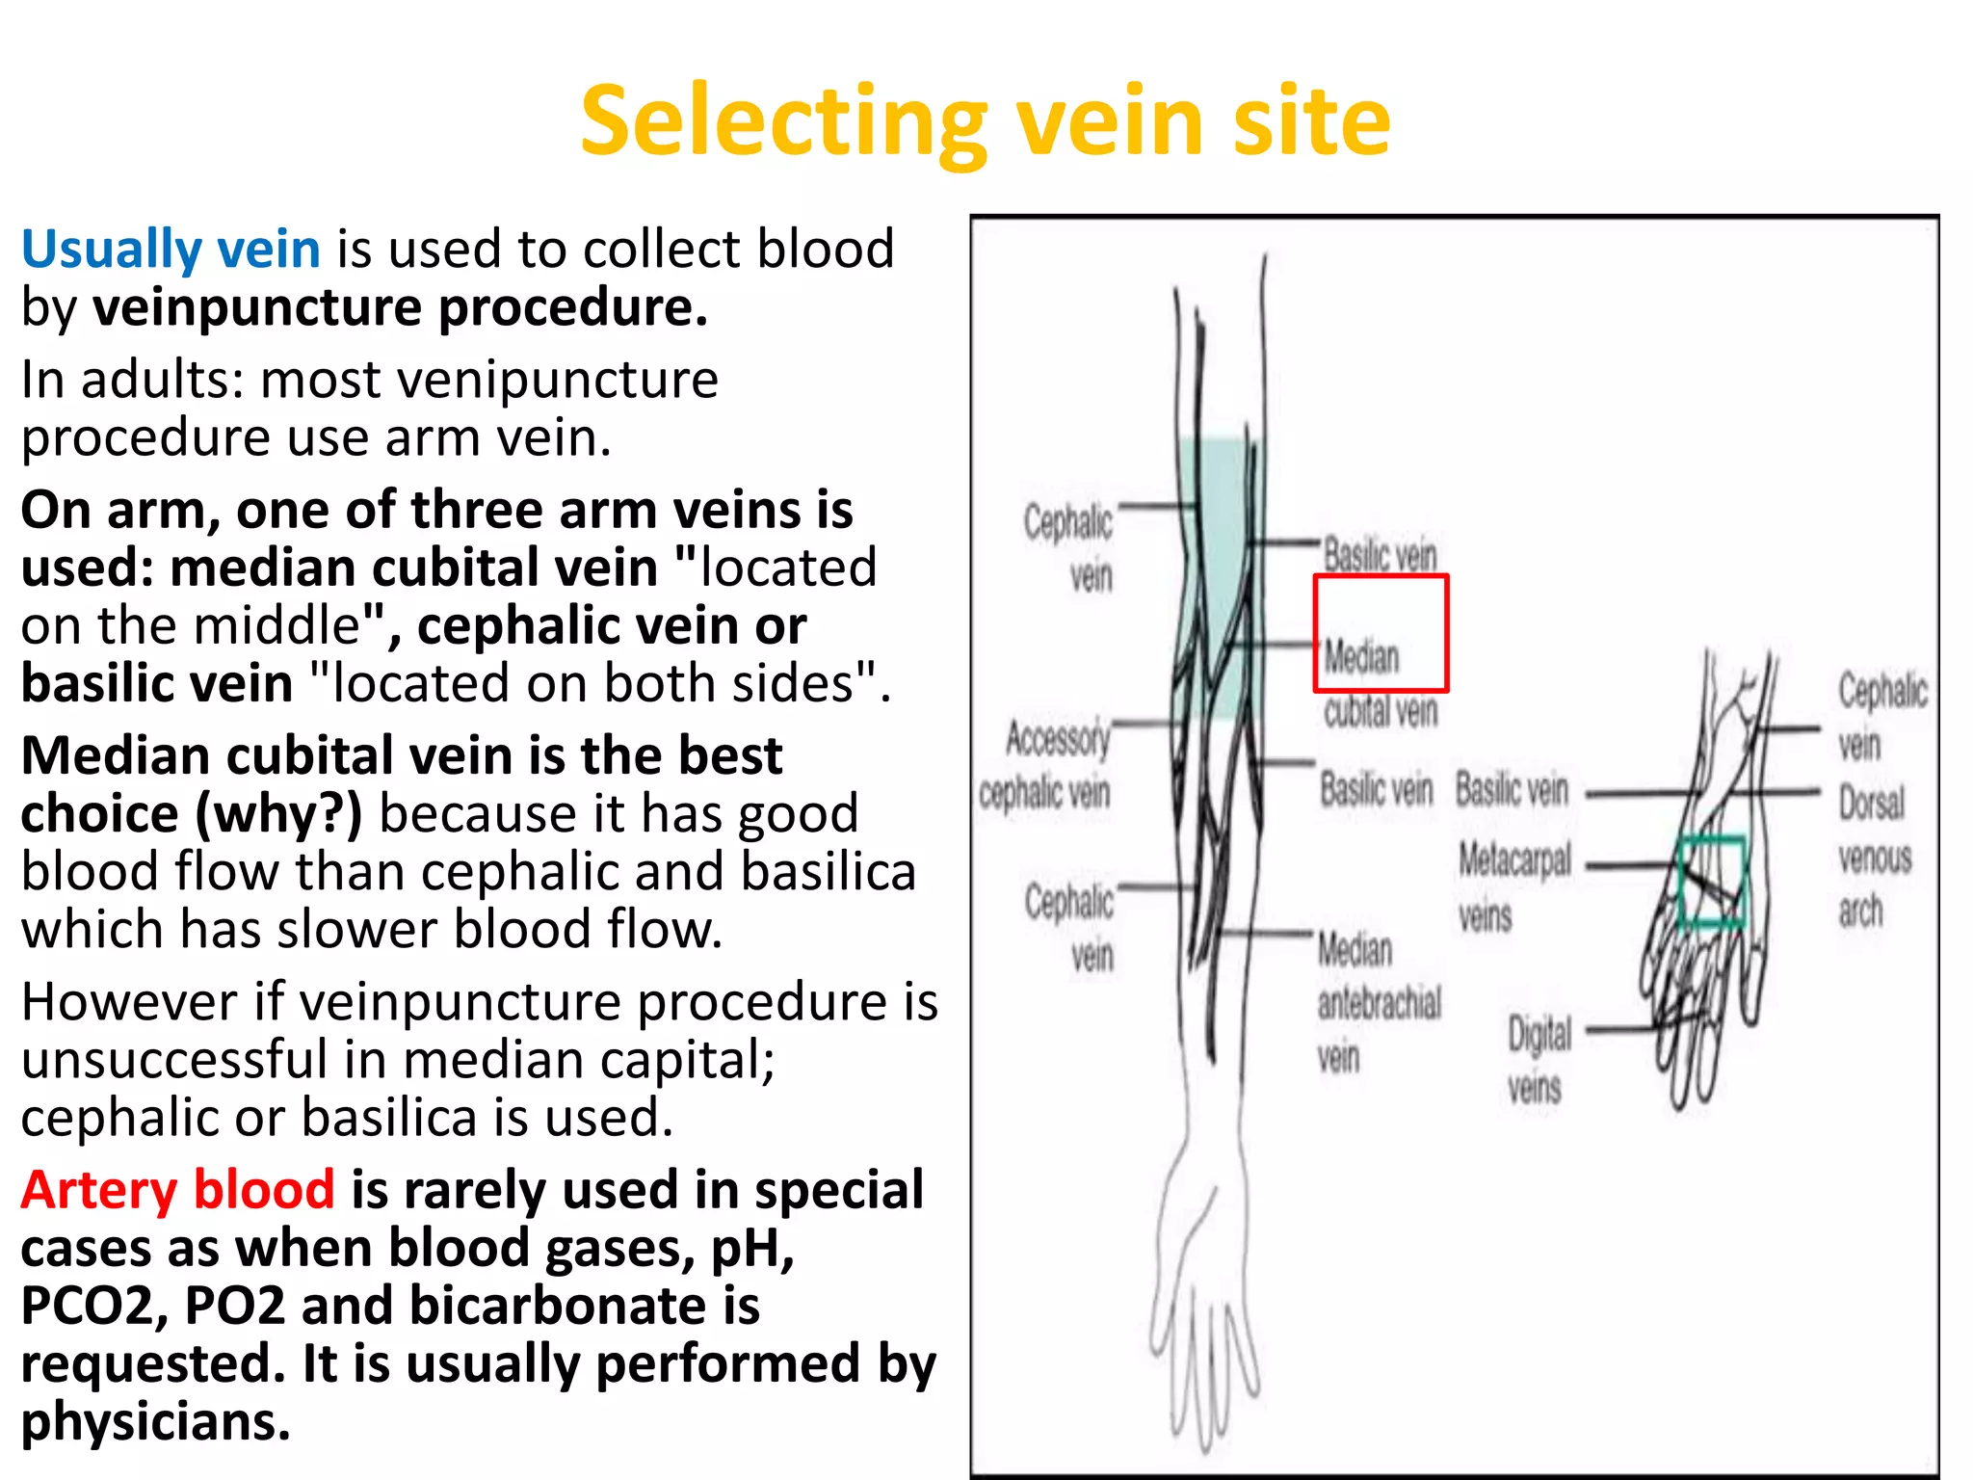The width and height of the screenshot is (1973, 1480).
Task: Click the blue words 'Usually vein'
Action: point(171,250)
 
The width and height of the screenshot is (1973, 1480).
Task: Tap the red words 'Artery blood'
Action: point(178,1190)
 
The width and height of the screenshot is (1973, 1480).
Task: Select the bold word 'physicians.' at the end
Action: point(155,1422)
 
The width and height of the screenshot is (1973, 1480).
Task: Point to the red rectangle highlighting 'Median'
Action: point(1381,633)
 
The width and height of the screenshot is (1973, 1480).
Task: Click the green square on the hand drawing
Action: point(1712,882)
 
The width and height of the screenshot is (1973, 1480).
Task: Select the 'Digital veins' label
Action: point(1538,1060)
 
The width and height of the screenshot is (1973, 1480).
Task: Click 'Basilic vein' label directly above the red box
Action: point(1379,556)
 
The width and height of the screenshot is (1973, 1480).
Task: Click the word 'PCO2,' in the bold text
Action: point(93,1307)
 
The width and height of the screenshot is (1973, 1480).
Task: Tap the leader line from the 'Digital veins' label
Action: point(1628,1029)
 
